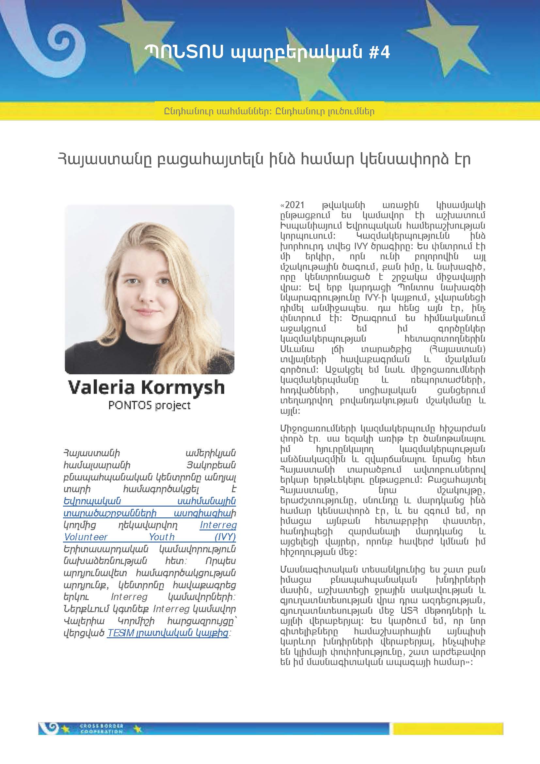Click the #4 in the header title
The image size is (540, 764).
(x=379, y=53)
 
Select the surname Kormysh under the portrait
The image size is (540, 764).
(x=183, y=387)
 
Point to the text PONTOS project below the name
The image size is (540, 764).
(x=149, y=405)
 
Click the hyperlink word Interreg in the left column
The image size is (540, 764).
(x=218, y=525)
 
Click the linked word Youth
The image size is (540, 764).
(x=162, y=537)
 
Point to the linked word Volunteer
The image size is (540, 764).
(x=86, y=537)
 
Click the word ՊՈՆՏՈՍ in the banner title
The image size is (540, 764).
(x=184, y=53)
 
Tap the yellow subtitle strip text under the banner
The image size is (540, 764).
(x=269, y=111)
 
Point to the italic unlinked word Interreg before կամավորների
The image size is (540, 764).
(x=129, y=597)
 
